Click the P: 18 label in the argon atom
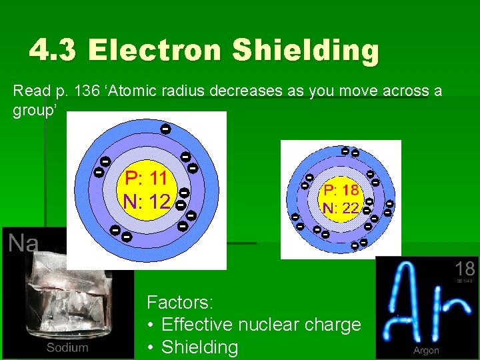341,189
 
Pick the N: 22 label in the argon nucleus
341,208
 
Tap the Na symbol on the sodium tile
23,243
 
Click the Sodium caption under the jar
67,347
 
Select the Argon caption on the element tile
426,350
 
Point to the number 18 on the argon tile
465,269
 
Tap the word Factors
179,302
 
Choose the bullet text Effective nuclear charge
261,325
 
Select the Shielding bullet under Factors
199,347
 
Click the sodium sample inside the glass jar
63,293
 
